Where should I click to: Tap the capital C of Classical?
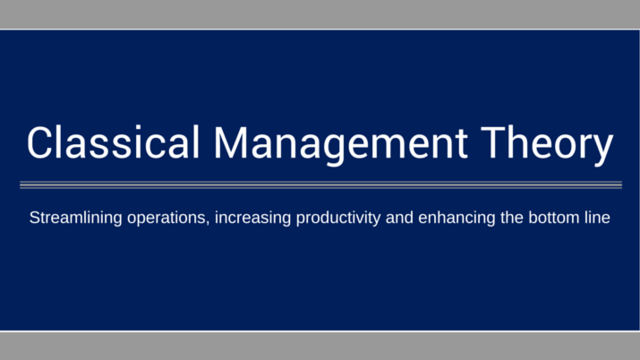click(40, 146)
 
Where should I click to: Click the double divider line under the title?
click(320, 185)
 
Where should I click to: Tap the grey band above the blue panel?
click(320, 14)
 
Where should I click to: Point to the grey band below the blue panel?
click(320, 346)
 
